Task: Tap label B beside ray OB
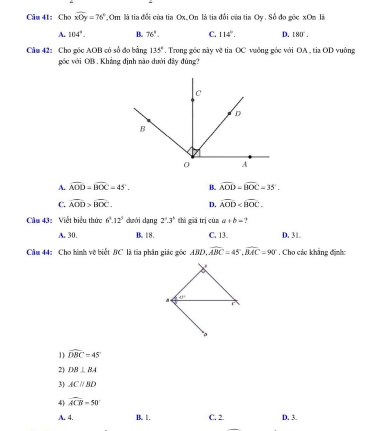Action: [142, 129]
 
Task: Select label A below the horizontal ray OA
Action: [245, 164]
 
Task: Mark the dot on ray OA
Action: [250, 157]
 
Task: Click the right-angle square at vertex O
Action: [195, 152]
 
